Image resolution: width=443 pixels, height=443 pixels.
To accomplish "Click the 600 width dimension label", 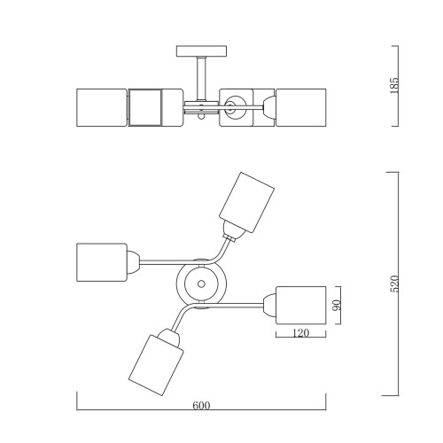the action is [201, 406].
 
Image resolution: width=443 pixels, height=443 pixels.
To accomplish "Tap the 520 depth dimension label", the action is [394, 284].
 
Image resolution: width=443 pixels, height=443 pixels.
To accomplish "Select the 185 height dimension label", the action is [394, 86].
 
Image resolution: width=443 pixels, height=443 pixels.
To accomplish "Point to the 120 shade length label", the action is [300, 333].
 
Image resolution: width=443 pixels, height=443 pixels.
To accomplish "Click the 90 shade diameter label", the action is [337, 305].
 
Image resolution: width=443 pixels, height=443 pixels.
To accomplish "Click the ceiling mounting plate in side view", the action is [201, 51].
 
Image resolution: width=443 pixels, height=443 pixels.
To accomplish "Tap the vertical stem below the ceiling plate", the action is [201, 79].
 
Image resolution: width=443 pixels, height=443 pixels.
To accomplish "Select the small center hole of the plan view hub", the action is [201, 284].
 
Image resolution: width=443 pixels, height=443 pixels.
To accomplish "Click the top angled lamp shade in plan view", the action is [246, 202].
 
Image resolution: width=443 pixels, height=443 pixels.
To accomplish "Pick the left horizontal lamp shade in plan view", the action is [102, 262].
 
